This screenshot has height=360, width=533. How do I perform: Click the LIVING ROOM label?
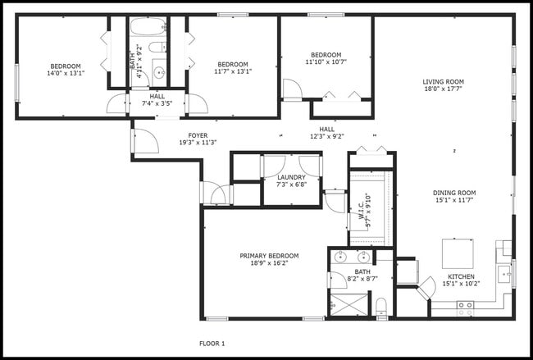pos(444,81)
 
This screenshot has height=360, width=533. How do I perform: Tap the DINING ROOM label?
pos(454,194)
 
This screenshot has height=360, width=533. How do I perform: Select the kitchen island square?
pos(457,251)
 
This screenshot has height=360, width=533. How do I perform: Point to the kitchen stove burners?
pos(465,308)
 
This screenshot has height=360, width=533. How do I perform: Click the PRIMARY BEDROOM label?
pos(269,256)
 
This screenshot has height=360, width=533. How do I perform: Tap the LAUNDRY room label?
pos(291,177)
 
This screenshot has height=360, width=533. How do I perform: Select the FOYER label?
pos(198,135)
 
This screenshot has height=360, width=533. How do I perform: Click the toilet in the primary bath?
pos(381,308)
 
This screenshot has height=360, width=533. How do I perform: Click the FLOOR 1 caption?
pos(212,343)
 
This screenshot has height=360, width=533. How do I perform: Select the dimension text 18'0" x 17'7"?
pos(444,89)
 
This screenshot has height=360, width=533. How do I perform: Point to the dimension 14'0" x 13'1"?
pos(66,73)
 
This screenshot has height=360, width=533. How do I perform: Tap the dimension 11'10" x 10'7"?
pos(326,62)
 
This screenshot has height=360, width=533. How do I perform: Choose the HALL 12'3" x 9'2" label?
pos(326,133)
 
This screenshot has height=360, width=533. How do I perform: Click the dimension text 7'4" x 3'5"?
pos(157,104)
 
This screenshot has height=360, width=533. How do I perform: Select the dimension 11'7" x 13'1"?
pos(233,71)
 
